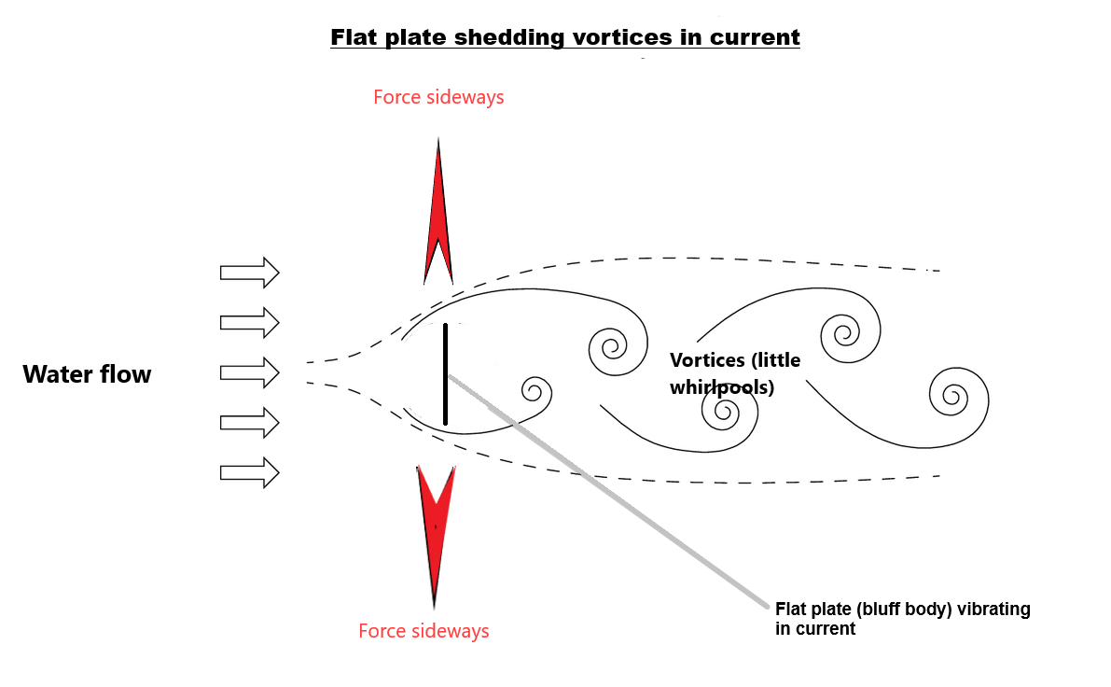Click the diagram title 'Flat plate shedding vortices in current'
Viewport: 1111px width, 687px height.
[x=565, y=38]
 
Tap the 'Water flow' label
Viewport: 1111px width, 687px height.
[x=87, y=375]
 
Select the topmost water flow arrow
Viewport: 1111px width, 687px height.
[x=249, y=272]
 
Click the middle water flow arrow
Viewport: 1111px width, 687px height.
[x=249, y=372]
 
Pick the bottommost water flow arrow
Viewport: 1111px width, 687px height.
[x=249, y=472]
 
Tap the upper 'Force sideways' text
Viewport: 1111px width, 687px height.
[x=438, y=97]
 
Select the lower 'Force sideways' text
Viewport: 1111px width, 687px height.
[x=424, y=631]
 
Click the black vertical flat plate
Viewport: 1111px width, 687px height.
[x=446, y=373]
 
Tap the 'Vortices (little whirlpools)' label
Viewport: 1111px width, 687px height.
[x=735, y=373]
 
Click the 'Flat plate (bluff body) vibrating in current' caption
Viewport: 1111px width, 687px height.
[x=902, y=619]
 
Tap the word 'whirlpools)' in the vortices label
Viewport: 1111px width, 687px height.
[x=722, y=387]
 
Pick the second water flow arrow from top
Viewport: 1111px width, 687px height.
[x=249, y=322]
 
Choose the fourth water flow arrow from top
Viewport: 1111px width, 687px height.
[x=249, y=422]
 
